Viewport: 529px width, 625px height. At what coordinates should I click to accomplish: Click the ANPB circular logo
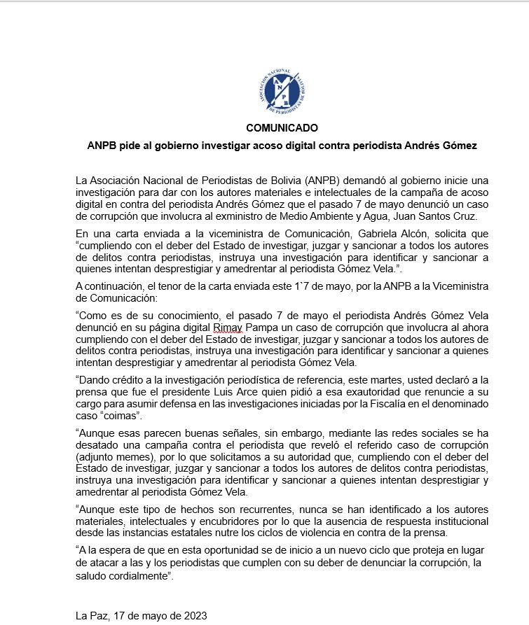pos(282,92)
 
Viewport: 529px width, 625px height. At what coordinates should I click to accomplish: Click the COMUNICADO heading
pos(282,128)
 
